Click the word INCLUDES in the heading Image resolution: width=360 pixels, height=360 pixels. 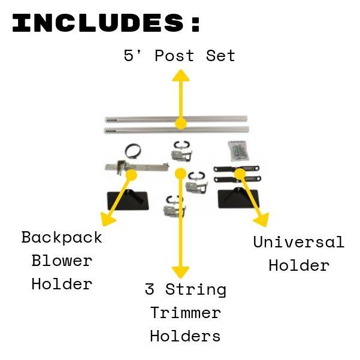click(96, 23)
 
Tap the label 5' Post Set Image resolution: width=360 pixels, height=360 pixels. click(179, 56)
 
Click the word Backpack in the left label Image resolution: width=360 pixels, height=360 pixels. click(62, 237)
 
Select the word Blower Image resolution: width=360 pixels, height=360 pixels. click(62, 261)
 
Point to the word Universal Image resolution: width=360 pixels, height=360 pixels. click(298, 242)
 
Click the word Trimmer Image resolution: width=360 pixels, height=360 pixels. click(185, 312)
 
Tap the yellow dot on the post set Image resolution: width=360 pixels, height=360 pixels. click(180, 124)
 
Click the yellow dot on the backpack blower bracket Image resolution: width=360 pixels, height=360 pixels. click(131, 175)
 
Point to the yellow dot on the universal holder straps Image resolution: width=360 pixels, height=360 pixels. click(238, 173)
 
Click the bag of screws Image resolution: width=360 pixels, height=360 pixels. click(238, 149)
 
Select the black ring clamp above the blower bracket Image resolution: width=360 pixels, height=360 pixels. click(133, 151)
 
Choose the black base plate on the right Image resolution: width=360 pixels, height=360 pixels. click(237, 198)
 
